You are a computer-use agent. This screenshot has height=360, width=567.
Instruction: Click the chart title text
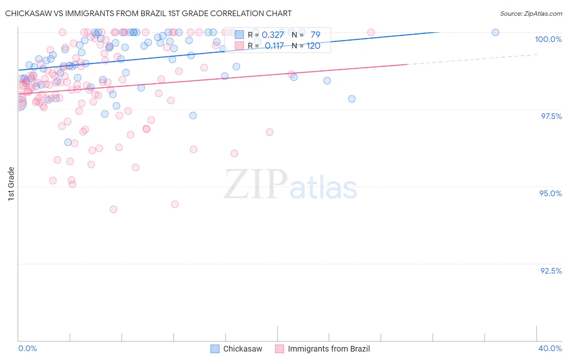pos(148,13)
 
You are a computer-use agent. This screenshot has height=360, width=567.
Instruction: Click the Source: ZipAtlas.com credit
pos(531,13)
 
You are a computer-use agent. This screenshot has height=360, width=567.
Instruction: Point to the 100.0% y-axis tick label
pos(548,39)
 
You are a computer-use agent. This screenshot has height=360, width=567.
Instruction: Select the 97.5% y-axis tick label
pos(551,116)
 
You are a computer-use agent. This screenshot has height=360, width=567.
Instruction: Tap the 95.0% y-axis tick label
pos(550,193)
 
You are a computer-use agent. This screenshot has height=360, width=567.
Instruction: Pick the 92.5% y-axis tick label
pos(551,271)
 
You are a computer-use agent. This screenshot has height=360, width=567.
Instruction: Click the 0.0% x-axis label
pos(28,348)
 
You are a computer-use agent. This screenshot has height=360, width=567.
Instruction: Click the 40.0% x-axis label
pos(550,348)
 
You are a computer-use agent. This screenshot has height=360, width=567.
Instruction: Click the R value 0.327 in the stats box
pos(273,35)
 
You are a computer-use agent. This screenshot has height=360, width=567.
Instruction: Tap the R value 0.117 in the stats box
pos(274,46)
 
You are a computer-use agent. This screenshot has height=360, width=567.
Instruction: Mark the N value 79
pos(315,35)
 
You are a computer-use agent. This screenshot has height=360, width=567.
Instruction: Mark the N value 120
pos(313,46)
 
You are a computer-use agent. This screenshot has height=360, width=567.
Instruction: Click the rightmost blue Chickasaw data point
pos(495,32)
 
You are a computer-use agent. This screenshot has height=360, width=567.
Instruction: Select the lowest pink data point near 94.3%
pos(113,209)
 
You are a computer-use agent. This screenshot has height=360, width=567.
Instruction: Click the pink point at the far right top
pos(371,32)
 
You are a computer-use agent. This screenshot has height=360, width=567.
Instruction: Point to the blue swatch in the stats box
pos(239,35)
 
